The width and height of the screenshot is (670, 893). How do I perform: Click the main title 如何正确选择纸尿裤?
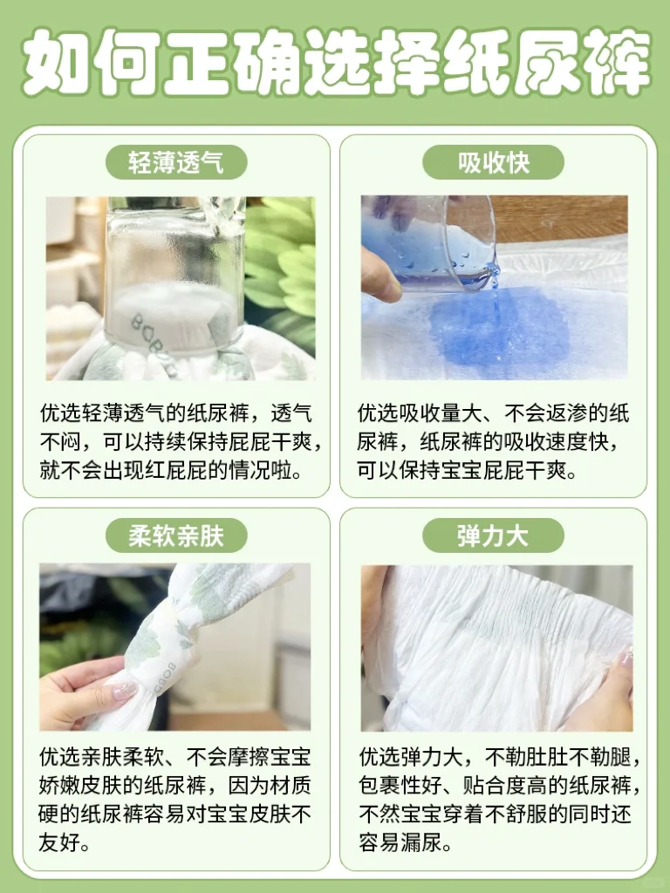pos(336,61)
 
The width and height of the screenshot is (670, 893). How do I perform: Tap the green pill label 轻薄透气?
pos(176,162)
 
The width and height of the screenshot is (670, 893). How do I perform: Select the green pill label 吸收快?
pos(494,162)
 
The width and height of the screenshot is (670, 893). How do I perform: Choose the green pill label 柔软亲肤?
pos(176,535)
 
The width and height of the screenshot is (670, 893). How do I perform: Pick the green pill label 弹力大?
pos(494,535)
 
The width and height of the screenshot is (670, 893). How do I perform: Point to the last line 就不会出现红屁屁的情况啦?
pos(171,470)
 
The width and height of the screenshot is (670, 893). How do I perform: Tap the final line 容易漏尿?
pos(406,842)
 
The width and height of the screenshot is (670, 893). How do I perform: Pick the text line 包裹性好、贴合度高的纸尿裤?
pos(500,786)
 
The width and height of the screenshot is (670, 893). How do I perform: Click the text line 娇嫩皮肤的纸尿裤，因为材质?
pos(174,786)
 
